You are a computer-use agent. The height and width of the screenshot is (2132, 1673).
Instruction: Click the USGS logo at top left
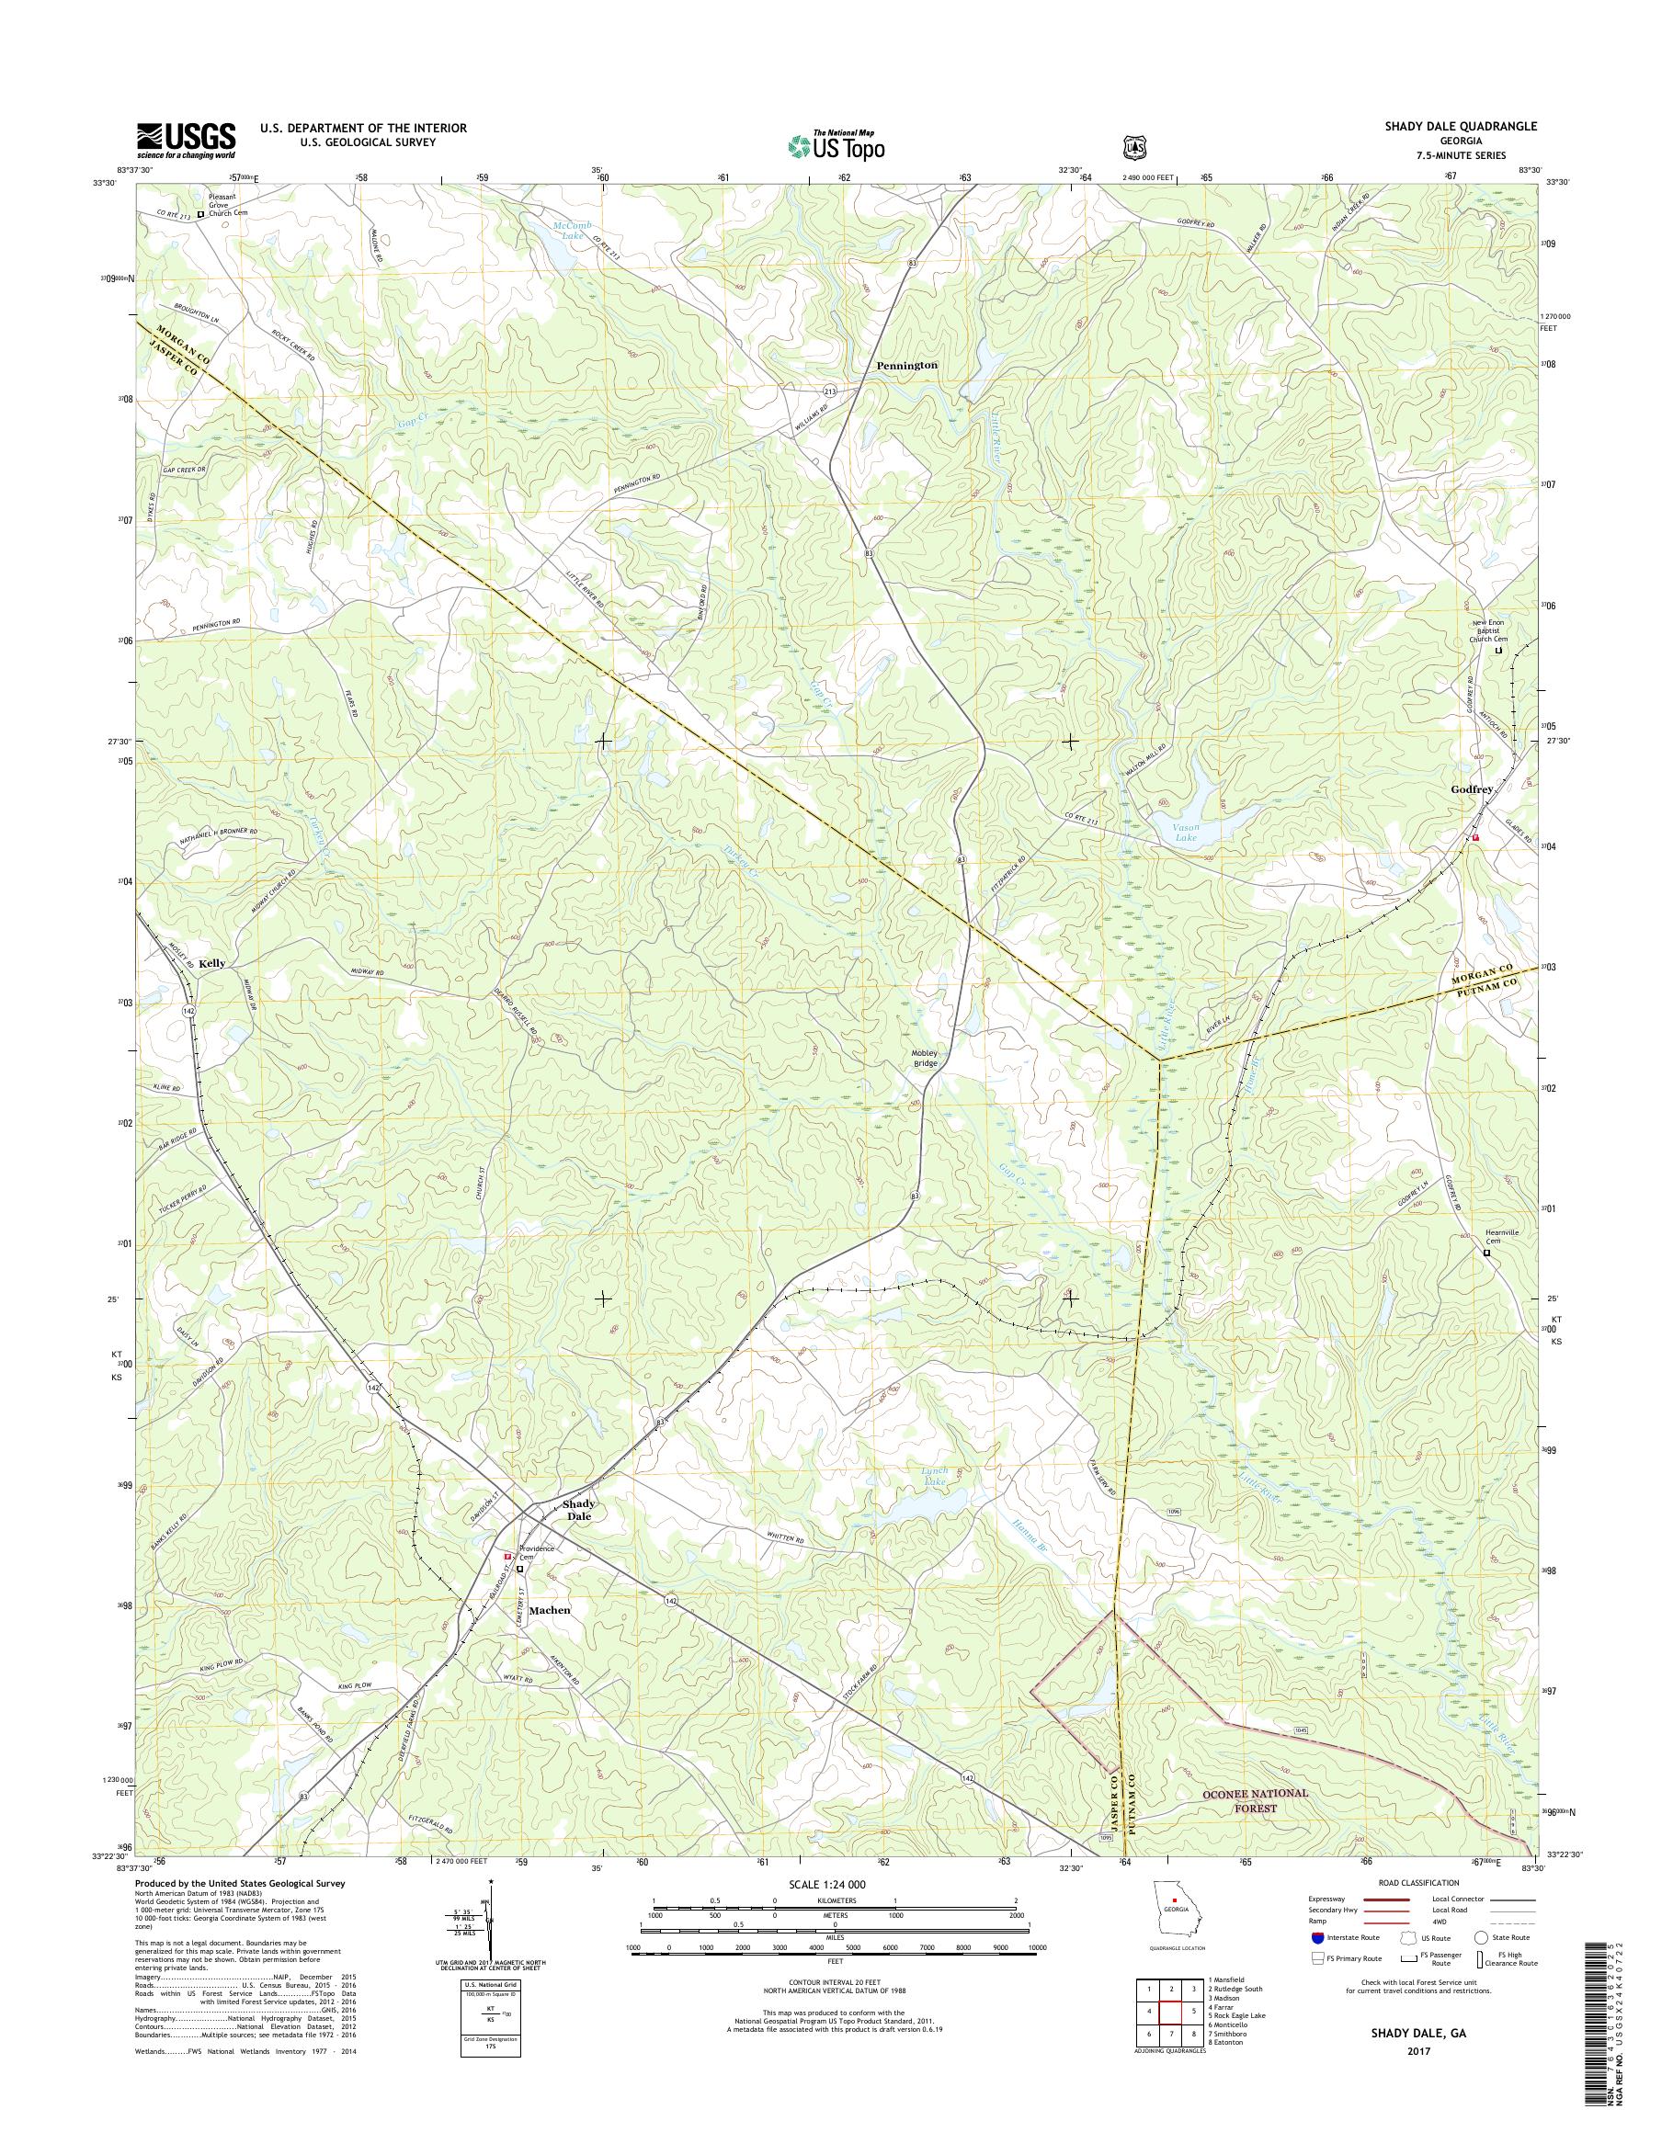(186, 139)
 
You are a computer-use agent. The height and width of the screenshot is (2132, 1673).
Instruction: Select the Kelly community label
(211, 963)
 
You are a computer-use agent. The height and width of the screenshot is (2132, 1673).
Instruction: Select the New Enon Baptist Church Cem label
(1497, 631)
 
